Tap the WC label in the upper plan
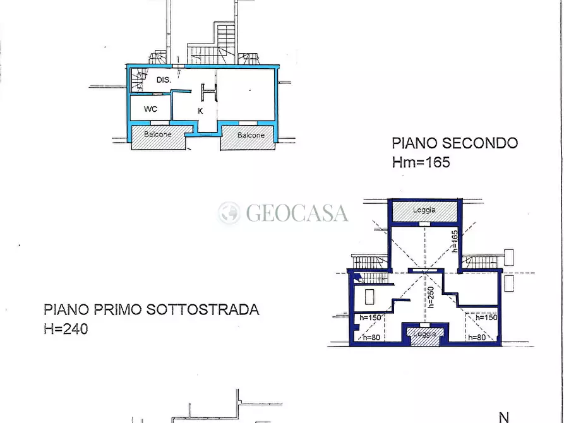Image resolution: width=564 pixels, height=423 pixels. (x=150, y=109)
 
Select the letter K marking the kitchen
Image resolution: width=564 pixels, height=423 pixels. (x=200, y=110)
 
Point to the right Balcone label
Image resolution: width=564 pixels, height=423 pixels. (x=251, y=135)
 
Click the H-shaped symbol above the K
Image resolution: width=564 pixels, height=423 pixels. (x=210, y=92)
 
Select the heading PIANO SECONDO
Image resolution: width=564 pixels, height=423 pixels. (x=455, y=143)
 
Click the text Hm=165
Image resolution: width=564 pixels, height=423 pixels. (x=421, y=162)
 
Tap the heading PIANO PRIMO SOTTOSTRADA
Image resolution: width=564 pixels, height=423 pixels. (x=152, y=310)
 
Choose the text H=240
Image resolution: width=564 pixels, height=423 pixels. (x=66, y=328)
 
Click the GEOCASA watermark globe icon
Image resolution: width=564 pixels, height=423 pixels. (x=229, y=213)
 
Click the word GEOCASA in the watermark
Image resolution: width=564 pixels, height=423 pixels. (x=297, y=213)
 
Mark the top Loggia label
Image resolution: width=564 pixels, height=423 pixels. (x=424, y=210)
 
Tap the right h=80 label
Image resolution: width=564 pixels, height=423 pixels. (x=477, y=338)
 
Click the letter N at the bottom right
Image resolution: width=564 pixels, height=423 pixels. (x=504, y=417)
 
